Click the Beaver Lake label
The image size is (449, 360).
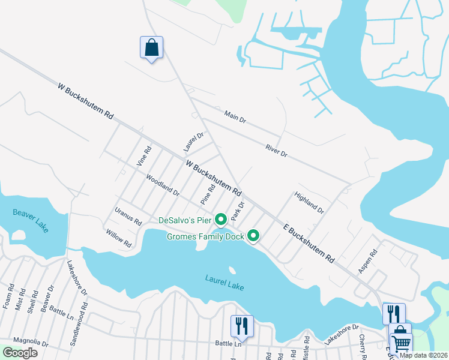[x=30, y=220]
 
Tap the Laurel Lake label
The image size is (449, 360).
[x=224, y=282]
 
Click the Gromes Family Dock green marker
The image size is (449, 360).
[x=253, y=236]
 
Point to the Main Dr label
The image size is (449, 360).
[x=235, y=116]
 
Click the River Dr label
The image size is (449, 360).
[x=276, y=151]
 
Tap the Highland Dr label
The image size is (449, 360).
[x=309, y=203]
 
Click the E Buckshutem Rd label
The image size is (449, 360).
[x=309, y=242]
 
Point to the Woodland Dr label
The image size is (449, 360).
[x=163, y=185]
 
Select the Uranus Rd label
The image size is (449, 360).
[x=128, y=217]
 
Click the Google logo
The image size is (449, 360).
[x=20, y=352]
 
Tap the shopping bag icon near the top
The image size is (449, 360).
[x=151, y=47]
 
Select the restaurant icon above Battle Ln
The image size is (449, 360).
[x=242, y=325]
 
